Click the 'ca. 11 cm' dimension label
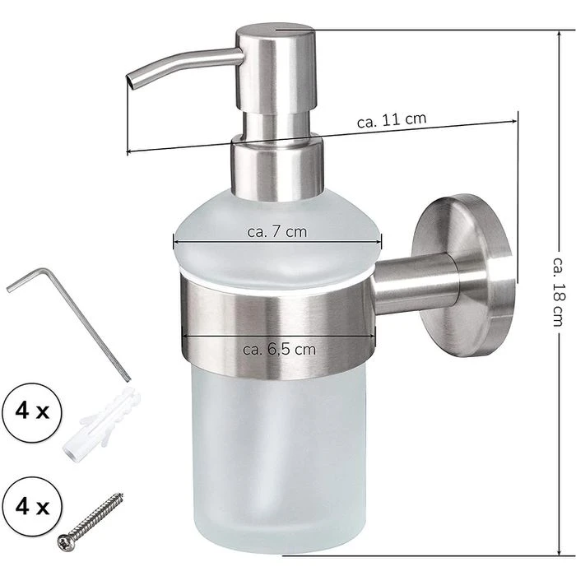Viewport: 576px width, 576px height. tap(392, 120)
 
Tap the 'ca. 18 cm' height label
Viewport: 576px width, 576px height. tap(558, 291)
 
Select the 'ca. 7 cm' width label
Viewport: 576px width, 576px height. tap(277, 232)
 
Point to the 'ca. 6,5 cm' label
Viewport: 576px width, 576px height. tap(279, 350)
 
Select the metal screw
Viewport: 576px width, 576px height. tap(91, 522)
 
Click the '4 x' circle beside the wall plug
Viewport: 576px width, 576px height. tap(32, 412)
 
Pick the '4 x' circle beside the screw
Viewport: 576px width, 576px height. tap(32, 507)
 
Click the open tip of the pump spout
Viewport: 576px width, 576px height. tap(130, 81)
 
